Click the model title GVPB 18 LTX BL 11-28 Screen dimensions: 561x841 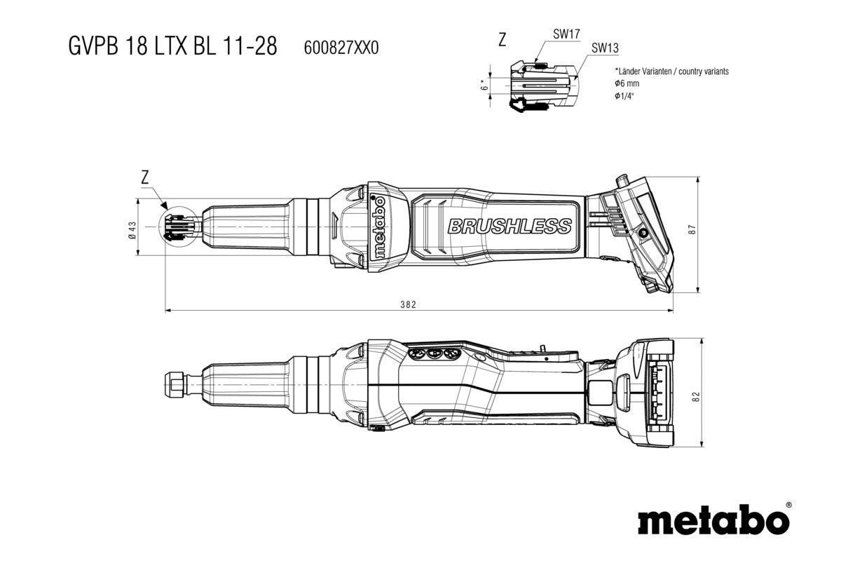(x=172, y=46)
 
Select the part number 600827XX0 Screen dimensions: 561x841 (x=341, y=48)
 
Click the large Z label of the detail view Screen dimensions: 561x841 (x=502, y=40)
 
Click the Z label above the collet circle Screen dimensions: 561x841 (x=144, y=178)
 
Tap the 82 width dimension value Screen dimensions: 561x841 (x=695, y=397)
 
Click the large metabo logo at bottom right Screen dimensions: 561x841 (x=713, y=522)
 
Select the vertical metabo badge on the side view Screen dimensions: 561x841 (x=379, y=227)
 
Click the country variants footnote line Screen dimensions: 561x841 (x=671, y=72)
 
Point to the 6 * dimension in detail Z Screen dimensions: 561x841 (x=484, y=83)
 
